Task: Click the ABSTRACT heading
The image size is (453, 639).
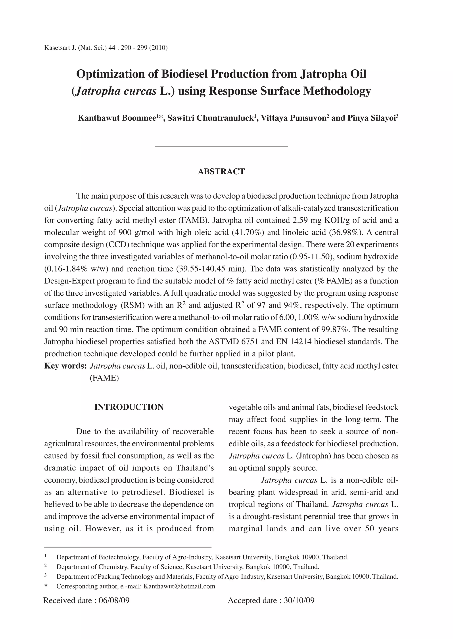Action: point(221,172)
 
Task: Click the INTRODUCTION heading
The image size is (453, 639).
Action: point(129,407)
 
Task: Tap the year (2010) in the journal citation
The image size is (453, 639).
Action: point(158,48)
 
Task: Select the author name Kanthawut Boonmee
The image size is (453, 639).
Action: point(117,118)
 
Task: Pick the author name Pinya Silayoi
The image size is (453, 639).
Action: point(371,118)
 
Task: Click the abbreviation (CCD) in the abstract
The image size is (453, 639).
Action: point(117,245)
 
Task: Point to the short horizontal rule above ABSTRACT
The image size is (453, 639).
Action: point(221,146)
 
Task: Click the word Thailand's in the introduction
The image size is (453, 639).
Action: point(194,468)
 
